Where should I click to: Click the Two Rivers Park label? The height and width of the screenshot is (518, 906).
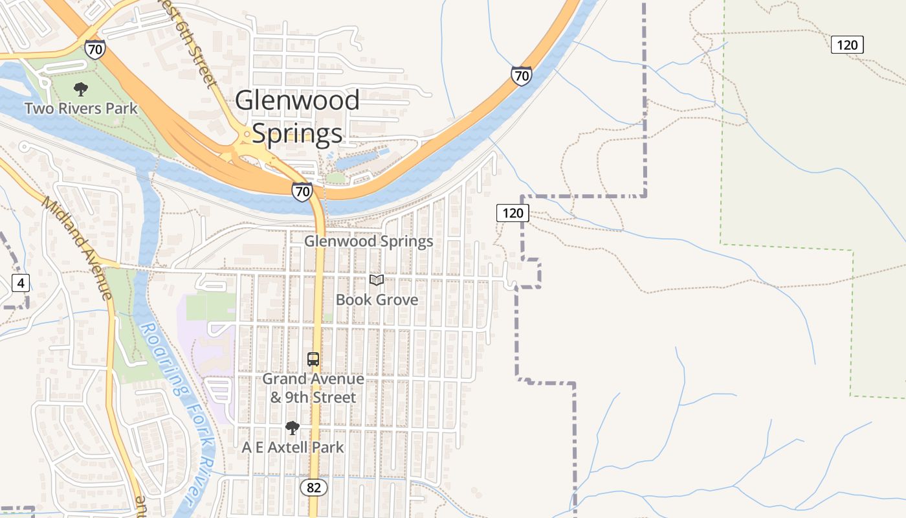81,108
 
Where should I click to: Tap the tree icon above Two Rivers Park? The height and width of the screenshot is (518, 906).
81,89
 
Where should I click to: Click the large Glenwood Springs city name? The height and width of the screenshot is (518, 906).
297,117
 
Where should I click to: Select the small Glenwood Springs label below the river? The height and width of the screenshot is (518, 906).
368,242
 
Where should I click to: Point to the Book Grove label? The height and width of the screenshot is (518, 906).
377,300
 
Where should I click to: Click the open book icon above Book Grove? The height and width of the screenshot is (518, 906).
377,280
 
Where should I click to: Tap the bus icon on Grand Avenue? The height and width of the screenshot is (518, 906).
313,359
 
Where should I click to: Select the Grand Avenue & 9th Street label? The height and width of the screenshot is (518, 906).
313,387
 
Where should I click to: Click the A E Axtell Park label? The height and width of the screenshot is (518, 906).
293,447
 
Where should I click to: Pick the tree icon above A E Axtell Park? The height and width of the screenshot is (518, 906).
293,427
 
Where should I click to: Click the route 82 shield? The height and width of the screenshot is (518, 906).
313,488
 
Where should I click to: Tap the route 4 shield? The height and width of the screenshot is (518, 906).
21,283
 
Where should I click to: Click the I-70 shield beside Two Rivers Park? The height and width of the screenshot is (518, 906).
95,49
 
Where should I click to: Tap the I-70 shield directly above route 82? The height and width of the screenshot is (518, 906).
302,191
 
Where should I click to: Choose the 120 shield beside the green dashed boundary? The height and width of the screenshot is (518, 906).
846,45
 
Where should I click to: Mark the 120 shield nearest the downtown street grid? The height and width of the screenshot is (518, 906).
513,213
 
